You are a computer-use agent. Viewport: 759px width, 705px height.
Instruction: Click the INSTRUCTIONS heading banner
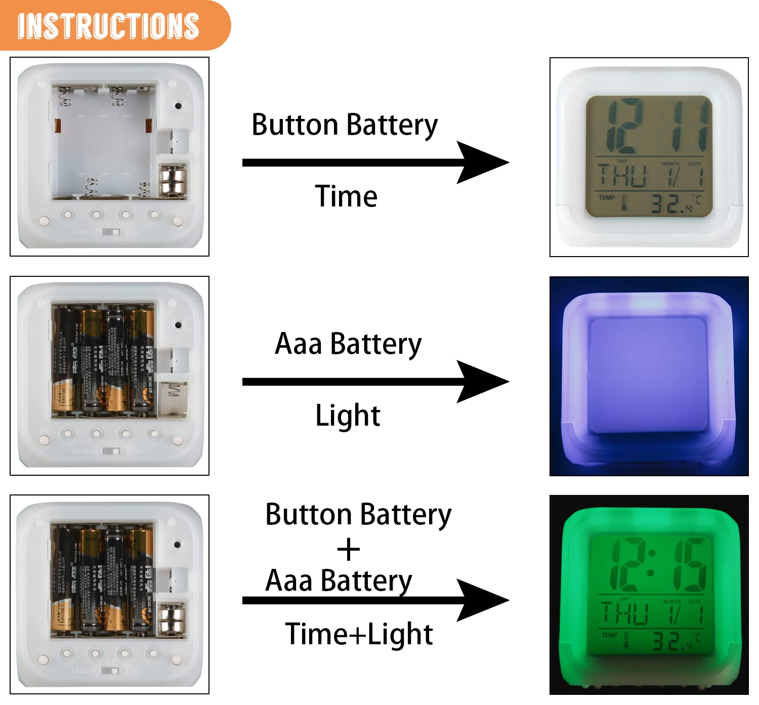(x=109, y=25)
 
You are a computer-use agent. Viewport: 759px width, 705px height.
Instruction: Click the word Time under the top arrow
(x=346, y=196)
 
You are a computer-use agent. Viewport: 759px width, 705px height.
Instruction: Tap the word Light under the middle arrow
(x=348, y=416)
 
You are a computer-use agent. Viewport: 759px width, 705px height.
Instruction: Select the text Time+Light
(x=359, y=634)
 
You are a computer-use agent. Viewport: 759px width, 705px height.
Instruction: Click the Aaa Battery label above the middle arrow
(x=348, y=344)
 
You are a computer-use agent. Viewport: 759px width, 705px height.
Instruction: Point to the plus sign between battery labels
(x=348, y=550)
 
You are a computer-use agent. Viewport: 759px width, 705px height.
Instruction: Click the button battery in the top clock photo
(x=173, y=180)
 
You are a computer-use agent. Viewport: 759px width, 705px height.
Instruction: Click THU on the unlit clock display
(x=622, y=176)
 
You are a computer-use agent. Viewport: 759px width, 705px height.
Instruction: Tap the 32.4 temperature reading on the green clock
(x=671, y=642)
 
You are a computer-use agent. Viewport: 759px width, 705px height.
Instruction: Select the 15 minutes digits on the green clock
(x=686, y=564)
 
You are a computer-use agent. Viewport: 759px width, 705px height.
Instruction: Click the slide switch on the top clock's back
(x=111, y=232)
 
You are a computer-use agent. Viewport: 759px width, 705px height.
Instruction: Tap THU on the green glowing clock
(x=625, y=614)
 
